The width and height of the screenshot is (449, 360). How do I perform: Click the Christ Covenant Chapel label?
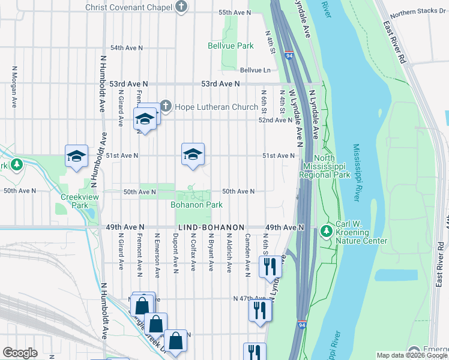pos(128,7)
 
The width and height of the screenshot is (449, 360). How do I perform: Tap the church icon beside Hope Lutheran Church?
pos(165,107)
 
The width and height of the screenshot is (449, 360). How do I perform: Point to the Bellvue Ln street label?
pos(255,70)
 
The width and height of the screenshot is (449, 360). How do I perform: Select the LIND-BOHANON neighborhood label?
pos(211,228)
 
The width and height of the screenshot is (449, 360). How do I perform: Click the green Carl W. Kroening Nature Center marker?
pos(327,230)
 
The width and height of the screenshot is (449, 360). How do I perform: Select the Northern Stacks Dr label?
pos(418,13)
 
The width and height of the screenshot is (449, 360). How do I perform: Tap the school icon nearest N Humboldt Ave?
pos(77,157)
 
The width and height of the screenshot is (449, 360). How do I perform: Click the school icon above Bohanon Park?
pos(193,154)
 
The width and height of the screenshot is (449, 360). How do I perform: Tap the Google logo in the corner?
pos(20,353)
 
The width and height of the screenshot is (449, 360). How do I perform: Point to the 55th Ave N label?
pos(234,13)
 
